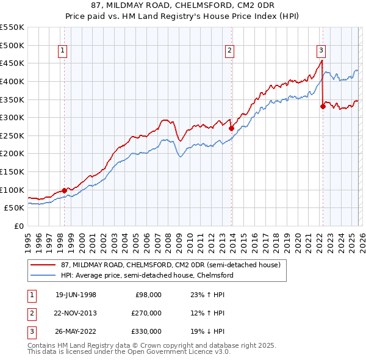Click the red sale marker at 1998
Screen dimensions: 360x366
64,190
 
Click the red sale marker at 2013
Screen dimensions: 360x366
231,128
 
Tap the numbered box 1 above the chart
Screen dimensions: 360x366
64,51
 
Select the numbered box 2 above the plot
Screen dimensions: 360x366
230,51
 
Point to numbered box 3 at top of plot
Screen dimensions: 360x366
321,51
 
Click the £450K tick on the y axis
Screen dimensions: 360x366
12,63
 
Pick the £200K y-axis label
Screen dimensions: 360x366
12,153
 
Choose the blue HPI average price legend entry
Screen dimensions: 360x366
147,275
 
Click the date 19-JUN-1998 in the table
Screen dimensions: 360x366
76,295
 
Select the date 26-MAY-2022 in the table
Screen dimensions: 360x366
76,331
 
